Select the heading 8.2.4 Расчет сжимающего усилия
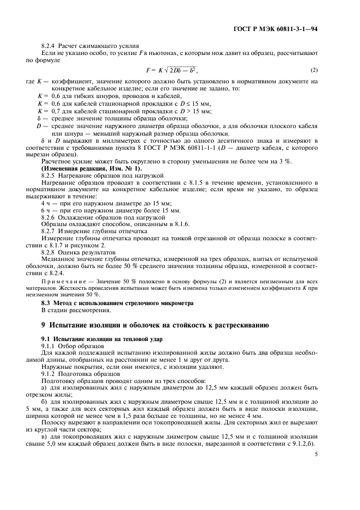coord(90,46)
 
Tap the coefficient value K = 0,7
coord(50,111)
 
